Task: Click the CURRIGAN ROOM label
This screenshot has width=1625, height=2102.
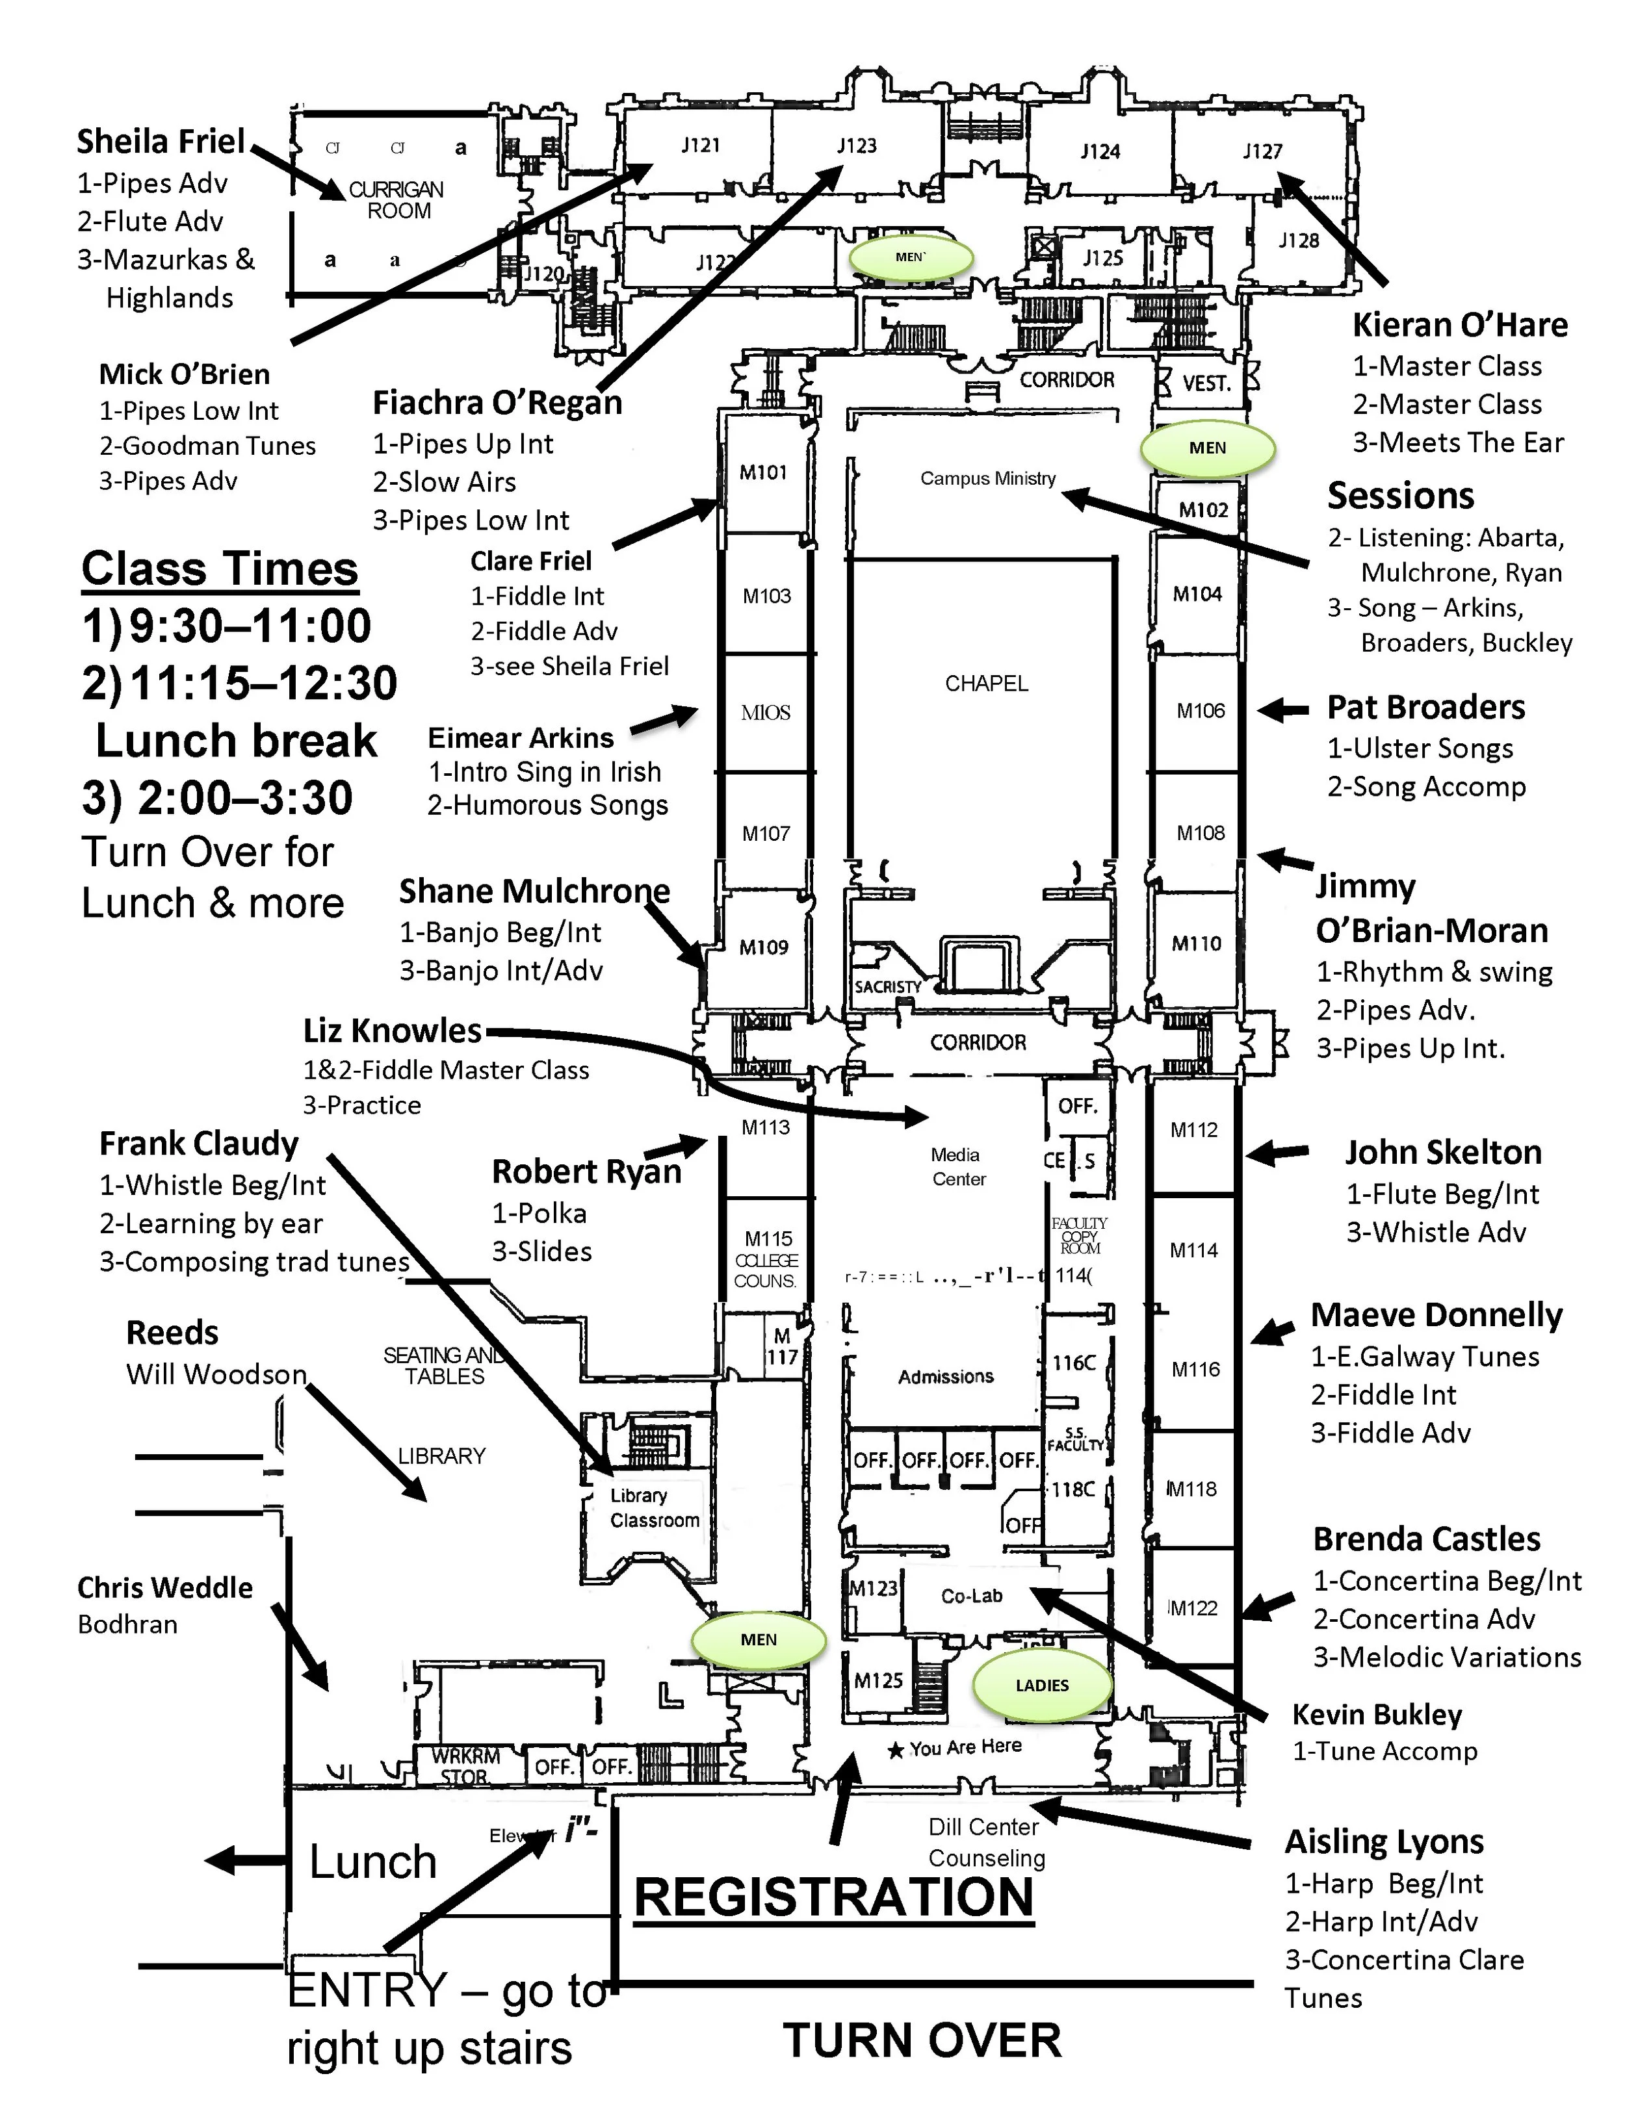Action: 396,200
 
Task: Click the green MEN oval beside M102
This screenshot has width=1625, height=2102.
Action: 1207,448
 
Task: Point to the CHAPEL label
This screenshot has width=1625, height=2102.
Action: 986,684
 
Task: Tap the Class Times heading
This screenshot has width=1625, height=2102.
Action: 220,569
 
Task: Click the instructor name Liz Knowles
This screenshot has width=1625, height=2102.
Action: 392,1031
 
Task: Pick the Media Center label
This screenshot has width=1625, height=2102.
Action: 958,1166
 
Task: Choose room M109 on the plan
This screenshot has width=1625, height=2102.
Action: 763,948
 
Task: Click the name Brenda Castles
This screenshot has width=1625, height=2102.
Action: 1427,1539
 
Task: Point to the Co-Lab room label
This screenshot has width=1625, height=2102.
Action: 971,1596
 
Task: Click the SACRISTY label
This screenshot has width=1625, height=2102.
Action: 888,986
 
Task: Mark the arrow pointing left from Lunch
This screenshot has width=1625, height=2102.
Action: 234,1860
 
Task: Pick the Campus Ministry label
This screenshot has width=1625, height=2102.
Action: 988,478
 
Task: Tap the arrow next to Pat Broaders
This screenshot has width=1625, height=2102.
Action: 1283,710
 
